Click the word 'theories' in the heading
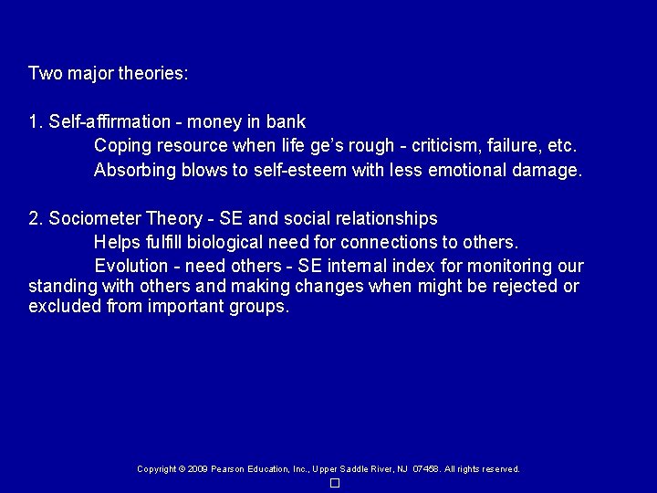pos(153,72)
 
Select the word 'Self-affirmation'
pos(109,121)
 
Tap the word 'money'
pos(215,121)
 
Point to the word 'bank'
pos(287,121)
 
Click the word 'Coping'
pos(120,145)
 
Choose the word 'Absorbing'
pos(132,170)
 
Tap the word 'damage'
pos(544,170)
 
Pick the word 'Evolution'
pos(131,267)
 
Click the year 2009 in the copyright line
pos(198,469)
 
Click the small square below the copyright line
pos(335,483)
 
